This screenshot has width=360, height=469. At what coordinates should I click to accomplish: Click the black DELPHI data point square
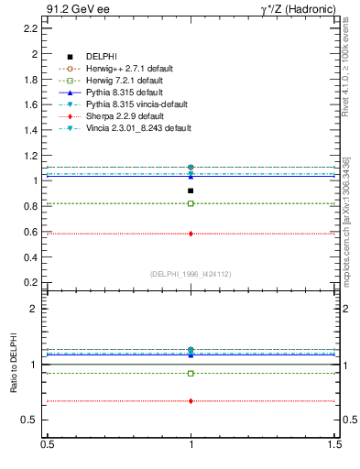pyautogui.click(x=191, y=191)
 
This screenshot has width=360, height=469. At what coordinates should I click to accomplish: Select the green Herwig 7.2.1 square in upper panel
pyautogui.click(x=191, y=203)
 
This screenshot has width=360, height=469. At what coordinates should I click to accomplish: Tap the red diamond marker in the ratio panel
pyautogui.click(x=191, y=401)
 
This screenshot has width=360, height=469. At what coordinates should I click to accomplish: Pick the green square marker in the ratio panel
pyautogui.click(x=191, y=374)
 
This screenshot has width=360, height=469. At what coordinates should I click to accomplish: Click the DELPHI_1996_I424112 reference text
pyautogui.click(x=191, y=274)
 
